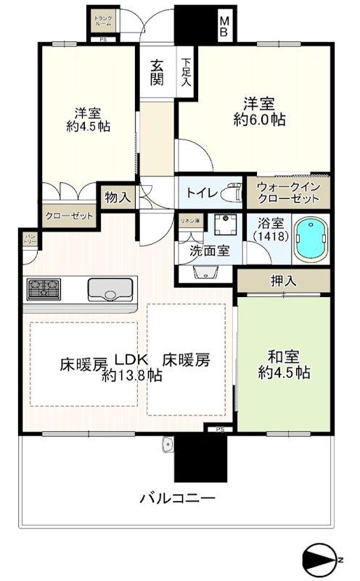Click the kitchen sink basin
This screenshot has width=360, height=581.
pos(108,290)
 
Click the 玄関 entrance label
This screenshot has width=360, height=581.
pos(157,72)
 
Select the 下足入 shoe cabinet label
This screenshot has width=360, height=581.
pos(187,72)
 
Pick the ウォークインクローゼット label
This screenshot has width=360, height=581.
pos(290,192)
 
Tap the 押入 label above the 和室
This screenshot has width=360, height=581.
pos(282,281)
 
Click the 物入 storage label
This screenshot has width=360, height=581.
pos(118,197)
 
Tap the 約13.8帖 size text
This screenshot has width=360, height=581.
pos(131,375)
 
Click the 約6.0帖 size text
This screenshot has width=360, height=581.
pos(259,121)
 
